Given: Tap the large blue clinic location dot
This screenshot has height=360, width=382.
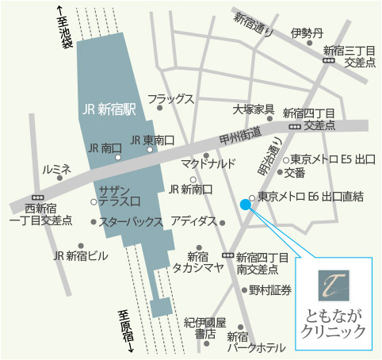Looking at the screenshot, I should [245, 205].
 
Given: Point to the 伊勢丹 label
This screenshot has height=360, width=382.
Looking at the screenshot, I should [307, 33].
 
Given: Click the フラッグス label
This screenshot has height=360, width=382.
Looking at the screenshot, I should [170, 98].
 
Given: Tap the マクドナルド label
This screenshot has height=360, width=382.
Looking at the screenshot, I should [208, 165].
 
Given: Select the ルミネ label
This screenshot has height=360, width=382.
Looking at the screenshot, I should [57, 170].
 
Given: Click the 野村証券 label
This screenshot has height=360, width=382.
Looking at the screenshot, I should [270, 289].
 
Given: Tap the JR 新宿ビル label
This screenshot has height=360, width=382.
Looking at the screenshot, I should [81, 255].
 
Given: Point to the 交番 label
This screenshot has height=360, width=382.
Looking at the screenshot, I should [295, 172].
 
